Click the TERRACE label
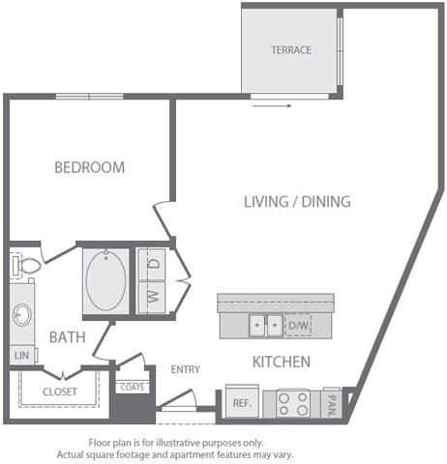[290, 50]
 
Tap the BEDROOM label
[89, 167]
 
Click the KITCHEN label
[281, 362]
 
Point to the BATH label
[67, 337]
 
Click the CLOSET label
[60, 391]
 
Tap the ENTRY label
[185, 369]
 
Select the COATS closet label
[133, 387]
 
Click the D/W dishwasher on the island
[298, 326]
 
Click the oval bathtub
[105, 279]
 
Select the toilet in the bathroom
[26, 263]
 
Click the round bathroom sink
[22, 314]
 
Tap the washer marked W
[153, 295]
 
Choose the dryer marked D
[153, 262]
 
